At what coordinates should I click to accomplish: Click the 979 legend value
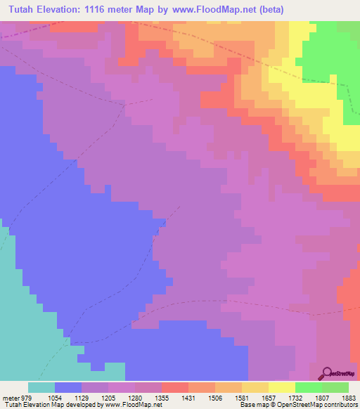pos(27,397)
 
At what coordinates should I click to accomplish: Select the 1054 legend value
pos(54,397)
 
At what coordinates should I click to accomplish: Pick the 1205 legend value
pos(108,397)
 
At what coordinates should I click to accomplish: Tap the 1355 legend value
pos(161,397)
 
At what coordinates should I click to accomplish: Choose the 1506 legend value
pos(214,397)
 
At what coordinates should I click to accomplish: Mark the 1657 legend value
pos(268,397)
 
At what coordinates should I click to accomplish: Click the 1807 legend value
pos(321,397)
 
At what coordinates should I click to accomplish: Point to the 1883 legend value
pos(349,397)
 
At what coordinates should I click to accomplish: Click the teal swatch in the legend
pos(41,387)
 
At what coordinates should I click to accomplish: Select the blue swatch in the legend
pos(67,387)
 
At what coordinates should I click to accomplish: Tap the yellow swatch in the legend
pos(281,387)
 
